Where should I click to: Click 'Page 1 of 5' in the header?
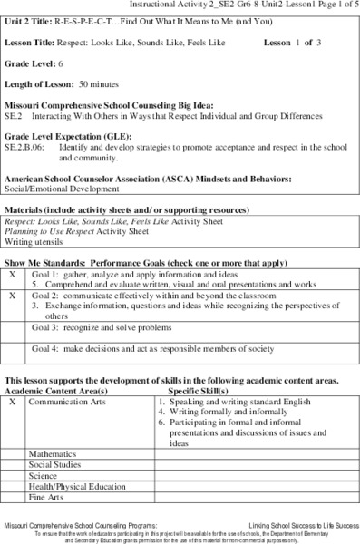tap(327, 5)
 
